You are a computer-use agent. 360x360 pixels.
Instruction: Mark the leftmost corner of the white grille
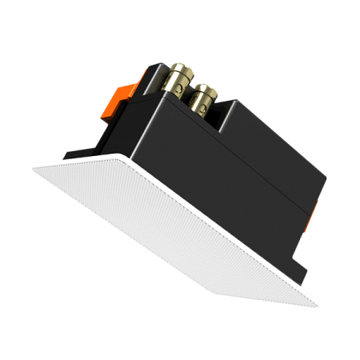34,166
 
